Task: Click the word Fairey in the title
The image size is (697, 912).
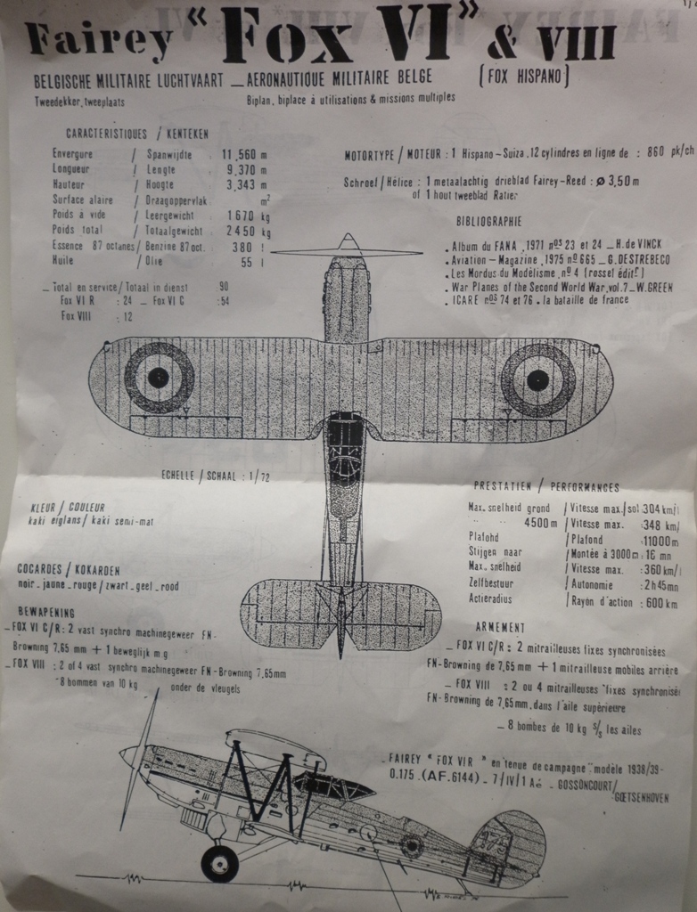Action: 98,40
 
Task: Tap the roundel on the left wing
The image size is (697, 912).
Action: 159,377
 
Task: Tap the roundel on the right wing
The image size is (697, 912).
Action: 537,380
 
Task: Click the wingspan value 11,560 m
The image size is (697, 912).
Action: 244,154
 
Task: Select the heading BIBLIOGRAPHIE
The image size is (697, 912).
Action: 488,221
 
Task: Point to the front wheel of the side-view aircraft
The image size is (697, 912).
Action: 219,863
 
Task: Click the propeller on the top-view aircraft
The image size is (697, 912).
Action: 347,252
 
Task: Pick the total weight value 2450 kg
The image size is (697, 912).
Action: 249,231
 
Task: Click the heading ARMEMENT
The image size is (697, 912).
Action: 500,627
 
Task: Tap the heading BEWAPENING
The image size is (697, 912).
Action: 45,613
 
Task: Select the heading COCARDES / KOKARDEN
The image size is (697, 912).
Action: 68,569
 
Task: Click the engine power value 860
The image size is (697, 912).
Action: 658,151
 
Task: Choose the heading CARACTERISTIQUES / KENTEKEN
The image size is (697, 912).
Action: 137,134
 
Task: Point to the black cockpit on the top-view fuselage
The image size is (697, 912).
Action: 345,443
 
